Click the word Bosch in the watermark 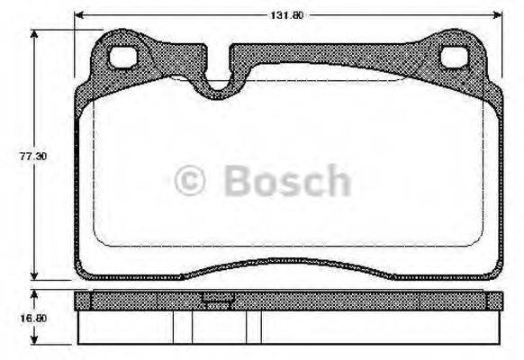[286, 181]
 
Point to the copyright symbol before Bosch [190, 181]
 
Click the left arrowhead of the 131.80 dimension [79, 15]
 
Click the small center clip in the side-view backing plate [215, 301]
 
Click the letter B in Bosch [236, 181]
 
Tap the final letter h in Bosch [337, 181]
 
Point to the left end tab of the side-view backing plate [83, 300]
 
